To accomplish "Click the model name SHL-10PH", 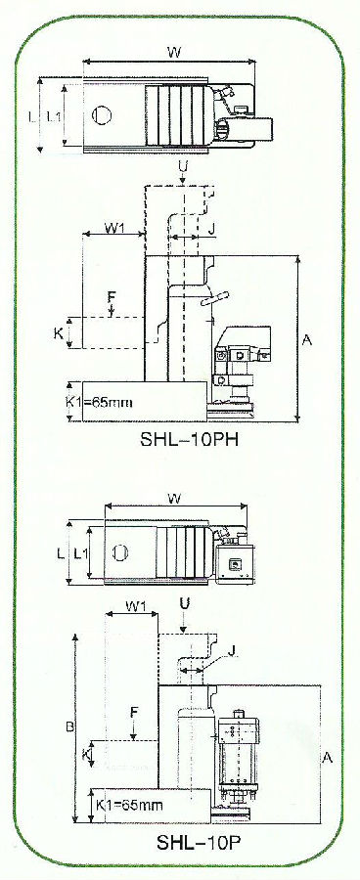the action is tap(189, 439).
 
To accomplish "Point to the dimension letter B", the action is tap(70, 727).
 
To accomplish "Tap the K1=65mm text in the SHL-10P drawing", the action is tap(128, 805).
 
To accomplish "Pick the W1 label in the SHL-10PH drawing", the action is tap(114, 230).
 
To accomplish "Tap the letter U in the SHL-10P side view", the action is tap(185, 603).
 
